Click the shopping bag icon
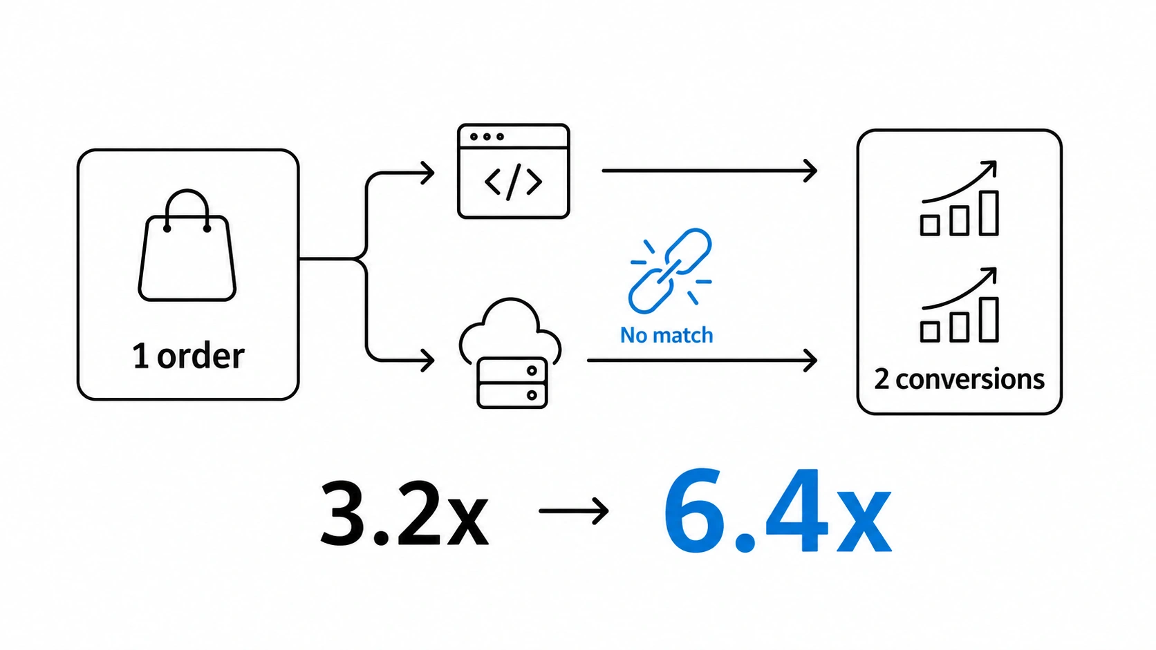click(187, 258)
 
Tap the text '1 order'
click(188, 356)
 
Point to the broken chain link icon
click(671, 271)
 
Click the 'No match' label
click(666, 335)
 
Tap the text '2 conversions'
click(960, 379)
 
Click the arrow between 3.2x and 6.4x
click(574, 511)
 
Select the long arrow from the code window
click(709, 171)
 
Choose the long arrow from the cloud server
click(702, 361)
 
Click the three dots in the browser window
click(487, 137)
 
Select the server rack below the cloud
click(512, 383)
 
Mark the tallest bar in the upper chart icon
click(989, 213)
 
